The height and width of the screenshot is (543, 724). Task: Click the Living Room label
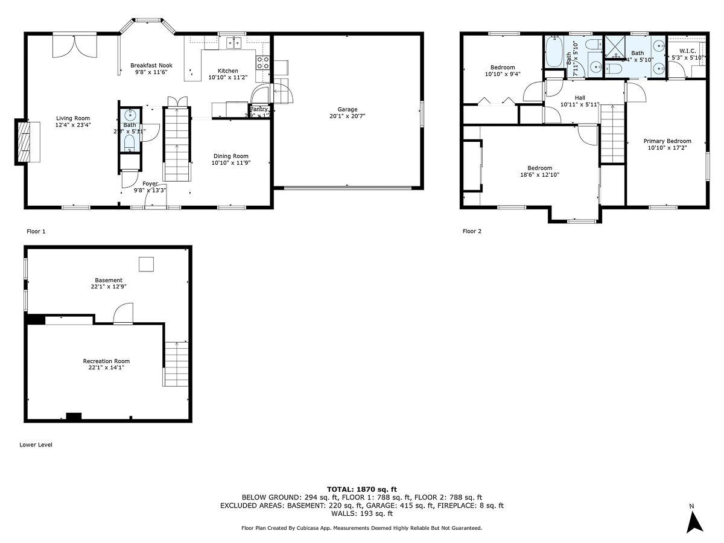[x=73, y=118]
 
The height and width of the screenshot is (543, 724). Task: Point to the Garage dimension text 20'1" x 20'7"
[x=348, y=116]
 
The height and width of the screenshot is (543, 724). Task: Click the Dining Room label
[x=230, y=156]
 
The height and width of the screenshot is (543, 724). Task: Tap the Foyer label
[x=150, y=183]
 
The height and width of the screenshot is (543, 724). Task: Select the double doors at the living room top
[x=74, y=46]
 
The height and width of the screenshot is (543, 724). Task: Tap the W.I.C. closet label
[x=688, y=51]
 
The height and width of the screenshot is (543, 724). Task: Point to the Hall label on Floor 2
[x=580, y=98]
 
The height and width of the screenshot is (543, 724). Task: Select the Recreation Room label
[x=106, y=361]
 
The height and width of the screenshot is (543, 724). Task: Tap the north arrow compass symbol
[x=695, y=520]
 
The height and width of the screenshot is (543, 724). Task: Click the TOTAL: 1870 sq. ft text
[x=361, y=489]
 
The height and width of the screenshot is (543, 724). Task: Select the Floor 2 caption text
[x=472, y=231]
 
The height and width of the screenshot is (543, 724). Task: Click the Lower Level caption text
[x=36, y=445]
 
